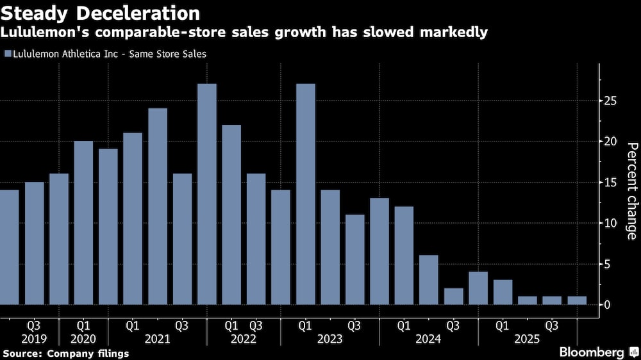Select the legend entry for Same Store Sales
[105, 54]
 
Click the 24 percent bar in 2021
[158, 206]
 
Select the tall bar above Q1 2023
[306, 194]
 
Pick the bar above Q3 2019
[35, 243]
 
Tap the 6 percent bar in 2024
[429, 280]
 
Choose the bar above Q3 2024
[453, 297]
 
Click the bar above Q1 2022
[231, 215]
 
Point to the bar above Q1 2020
[83, 223]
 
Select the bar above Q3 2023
[354, 259]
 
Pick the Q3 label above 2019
[35, 325]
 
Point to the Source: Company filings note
[65, 353]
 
